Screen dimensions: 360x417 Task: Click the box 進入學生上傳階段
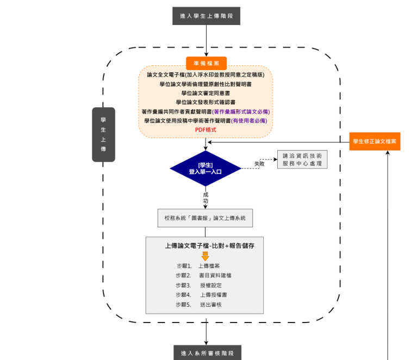click(206, 16)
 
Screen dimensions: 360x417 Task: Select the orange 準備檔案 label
click(206, 63)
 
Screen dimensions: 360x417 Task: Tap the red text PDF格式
click(206, 130)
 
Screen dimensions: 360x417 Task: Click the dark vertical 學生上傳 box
click(103, 134)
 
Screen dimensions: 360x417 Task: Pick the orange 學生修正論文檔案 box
click(375, 141)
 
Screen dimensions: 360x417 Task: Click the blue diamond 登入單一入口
click(205, 168)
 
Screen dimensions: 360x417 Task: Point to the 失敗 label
click(259, 164)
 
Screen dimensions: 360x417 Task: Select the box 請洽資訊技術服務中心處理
click(302, 159)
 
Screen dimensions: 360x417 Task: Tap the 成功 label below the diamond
click(206, 197)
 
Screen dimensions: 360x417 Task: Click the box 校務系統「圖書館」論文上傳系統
click(205, 218)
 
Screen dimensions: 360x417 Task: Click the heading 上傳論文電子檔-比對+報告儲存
click(210, 246)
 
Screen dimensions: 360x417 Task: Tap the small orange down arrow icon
click(205, 256)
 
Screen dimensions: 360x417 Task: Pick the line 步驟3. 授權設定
click(198, 285)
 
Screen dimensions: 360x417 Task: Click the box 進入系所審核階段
click(207, 353)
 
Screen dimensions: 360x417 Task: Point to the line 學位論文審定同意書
click(206, 93)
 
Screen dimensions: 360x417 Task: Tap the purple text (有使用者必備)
click(249, 121)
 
